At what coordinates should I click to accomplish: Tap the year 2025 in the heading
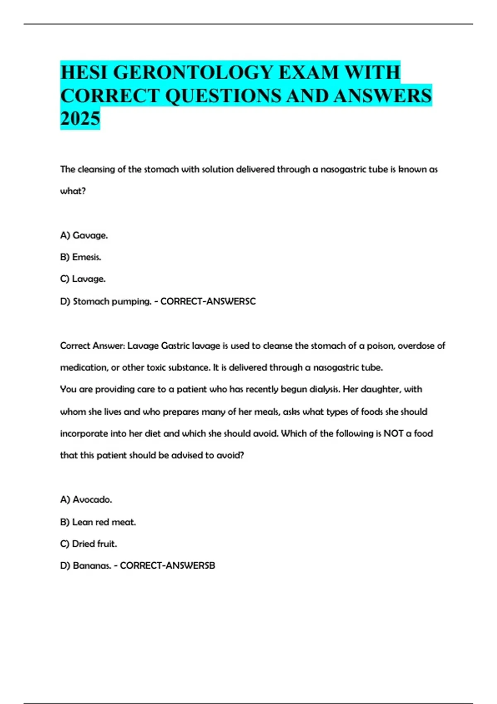pos(80,118)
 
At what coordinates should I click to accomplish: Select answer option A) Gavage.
pos(84,235)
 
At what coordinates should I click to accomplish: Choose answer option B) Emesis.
pos(81,257)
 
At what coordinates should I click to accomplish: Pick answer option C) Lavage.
pos(83,279)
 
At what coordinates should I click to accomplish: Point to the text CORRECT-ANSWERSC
pos(208,301)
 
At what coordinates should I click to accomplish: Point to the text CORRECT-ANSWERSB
pos(167,566)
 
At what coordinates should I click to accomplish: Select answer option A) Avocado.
pos(86,500)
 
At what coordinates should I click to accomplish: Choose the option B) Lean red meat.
pos(98,522)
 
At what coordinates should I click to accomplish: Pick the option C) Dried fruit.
pos(89,544)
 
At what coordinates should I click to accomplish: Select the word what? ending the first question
pos(73,191)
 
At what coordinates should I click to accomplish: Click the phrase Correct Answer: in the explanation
pos(92,346)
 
